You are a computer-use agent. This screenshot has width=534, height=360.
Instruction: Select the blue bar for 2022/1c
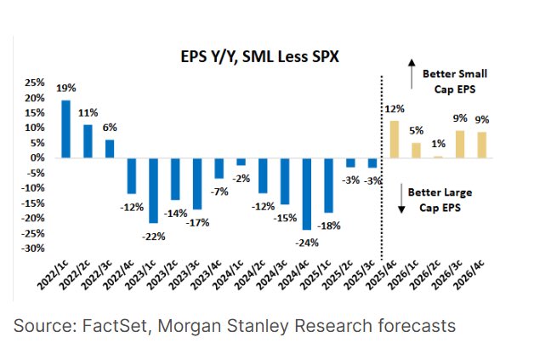[65, 129]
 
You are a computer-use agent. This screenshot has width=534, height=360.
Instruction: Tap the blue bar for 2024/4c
[307, 193]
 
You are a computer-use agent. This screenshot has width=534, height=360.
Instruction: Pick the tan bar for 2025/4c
[393, 139]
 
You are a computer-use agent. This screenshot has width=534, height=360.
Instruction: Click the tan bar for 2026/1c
[415, 150]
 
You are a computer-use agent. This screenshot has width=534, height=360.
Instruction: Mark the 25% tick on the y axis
[34, 83]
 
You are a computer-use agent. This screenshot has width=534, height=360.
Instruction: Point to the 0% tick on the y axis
[37, 158]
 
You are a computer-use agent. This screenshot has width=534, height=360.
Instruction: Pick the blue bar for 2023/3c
[197, 184]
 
